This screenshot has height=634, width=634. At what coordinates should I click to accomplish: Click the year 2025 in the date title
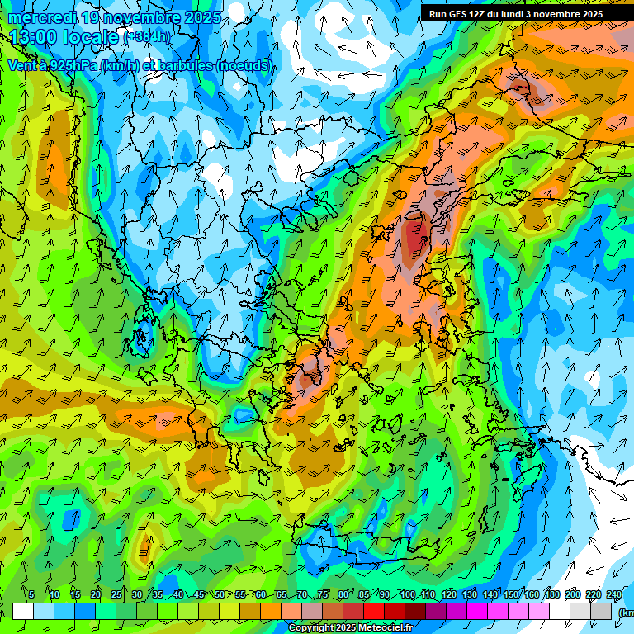click(x=201, y=17)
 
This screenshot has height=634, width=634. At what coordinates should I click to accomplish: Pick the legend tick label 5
click(x=31, y=595)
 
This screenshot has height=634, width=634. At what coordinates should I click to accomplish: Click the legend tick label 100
click(x=407, y=595)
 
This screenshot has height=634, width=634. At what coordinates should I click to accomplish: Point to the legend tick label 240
click(x=613, y=595)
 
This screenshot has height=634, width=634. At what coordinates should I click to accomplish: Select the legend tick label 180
click(x=551, y=595)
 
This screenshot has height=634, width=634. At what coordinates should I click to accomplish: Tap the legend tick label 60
click(x=261, y=595)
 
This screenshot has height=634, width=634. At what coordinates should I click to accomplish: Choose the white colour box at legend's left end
click(x=23, y=611)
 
